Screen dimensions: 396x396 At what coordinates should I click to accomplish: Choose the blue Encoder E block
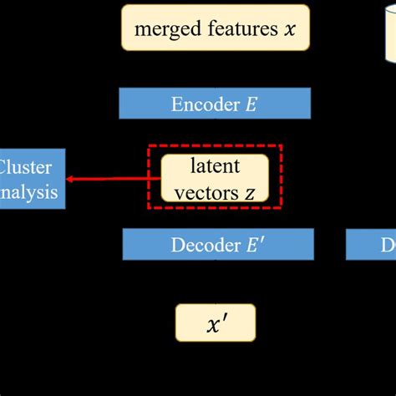[216, 104]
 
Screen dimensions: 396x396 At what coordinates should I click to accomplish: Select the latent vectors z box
[215, 177]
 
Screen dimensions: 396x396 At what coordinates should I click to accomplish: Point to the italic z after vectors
[250, 191]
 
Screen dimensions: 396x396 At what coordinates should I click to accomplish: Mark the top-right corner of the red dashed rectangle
[282, 145]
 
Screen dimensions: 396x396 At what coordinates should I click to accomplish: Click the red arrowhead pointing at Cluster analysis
[71, 178]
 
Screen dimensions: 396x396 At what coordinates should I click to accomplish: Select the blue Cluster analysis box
[31, 179]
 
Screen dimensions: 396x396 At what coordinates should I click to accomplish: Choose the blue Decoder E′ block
[218, 245]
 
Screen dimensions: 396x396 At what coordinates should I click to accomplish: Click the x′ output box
[215, 322]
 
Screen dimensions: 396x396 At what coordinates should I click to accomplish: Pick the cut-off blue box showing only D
[372, 245]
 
